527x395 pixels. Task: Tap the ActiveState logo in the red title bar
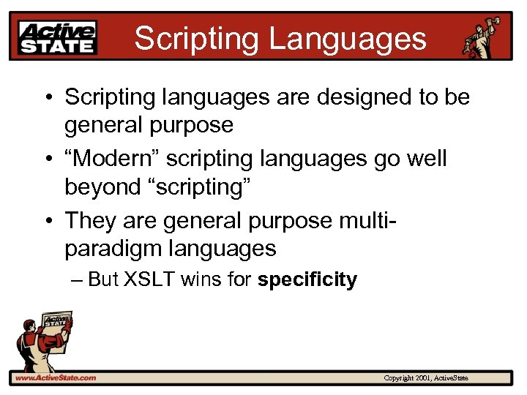point(58,37)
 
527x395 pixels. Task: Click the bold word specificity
point(307,279)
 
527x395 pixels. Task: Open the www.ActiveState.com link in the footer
point(55,377)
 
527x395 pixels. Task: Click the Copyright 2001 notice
point(426,377)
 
